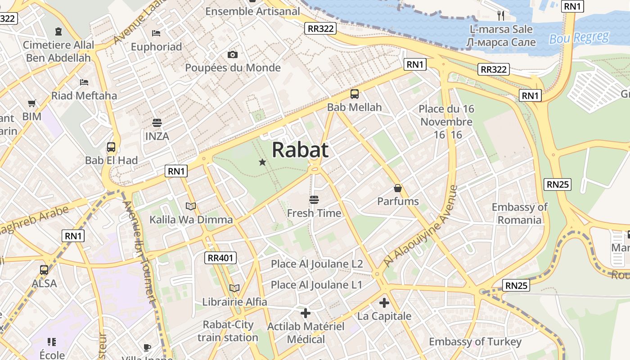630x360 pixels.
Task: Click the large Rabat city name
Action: [x=300, y=150]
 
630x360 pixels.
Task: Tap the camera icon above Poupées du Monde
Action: [x=232, y=55]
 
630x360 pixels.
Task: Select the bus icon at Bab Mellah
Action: [x=355, y=94]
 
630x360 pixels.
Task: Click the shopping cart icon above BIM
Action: [x=31, y=103]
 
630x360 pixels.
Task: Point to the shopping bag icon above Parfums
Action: [x=398, y=188]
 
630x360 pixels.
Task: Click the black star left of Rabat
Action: [x=262, y=162]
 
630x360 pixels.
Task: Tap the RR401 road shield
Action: [x=220, y=258]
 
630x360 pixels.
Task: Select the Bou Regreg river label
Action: [x=579, y=38]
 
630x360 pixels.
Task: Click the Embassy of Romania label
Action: [x=519, y=213]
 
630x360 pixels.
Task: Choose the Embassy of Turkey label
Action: [x=475, y=342]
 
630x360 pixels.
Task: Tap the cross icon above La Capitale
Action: [x=384, y=303]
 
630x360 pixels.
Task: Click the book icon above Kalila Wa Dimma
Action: [x=191, y=206]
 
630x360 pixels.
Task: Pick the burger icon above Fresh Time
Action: [x=314, y=199]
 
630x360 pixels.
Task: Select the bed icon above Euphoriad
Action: [x=156, y=33]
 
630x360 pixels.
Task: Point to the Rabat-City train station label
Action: [x=228, y=331]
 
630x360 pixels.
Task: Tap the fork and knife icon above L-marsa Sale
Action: [x=501, y=16]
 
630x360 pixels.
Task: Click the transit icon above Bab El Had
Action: [x=111, y=147]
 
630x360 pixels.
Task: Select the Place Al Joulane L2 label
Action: [x=317, y=264]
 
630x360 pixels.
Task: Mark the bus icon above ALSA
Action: [x=44, y=270]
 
